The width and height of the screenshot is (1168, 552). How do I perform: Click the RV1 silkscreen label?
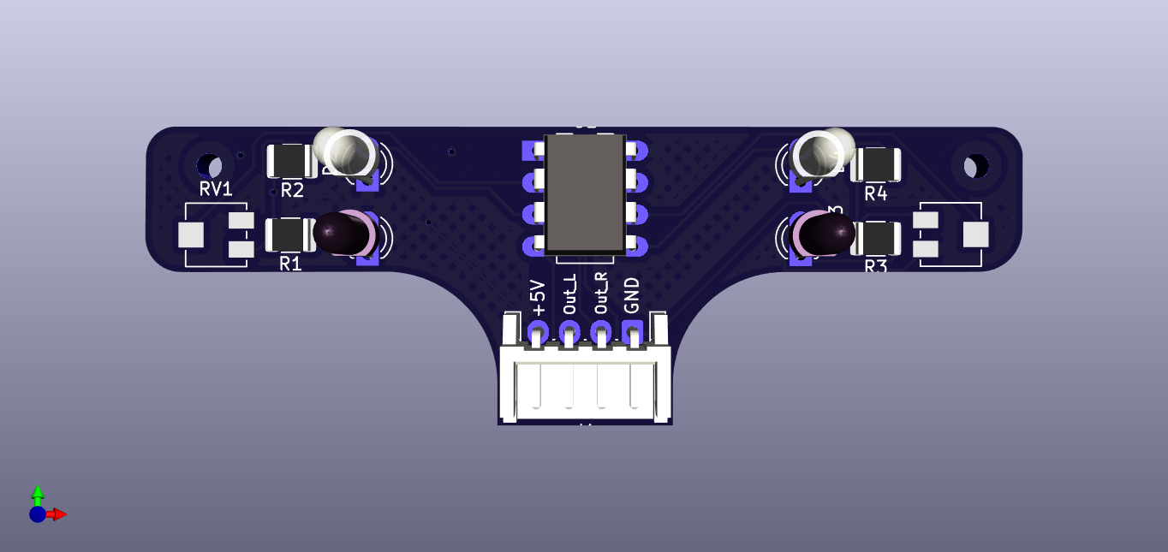pyautogui.click(x=216, y=189)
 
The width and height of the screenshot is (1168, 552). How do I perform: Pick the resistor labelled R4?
pyautogui.click(x=875, y=164)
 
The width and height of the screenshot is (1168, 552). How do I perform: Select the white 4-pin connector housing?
pyautogui.click(x=585, y=385)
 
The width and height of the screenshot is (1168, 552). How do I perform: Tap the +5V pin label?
pyautogui.click(x=539, y=297)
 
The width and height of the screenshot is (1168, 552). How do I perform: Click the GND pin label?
pyautogui.click(x=632, y=295)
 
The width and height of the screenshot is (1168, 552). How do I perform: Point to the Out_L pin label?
pyautogui.click(x=570, y=294)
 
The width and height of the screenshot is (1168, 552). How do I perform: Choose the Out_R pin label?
pyautogui.click(x=601, y=294)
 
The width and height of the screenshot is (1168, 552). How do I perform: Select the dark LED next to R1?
pyautogui.click(x=343, y=232)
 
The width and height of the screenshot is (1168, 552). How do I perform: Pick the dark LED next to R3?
pyautogui.click(x=824, y=233)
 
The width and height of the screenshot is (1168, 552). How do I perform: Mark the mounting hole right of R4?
pyautogui.click(x=974, y=165)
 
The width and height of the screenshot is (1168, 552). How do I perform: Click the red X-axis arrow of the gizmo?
pyautogui.click(x=58, y=514)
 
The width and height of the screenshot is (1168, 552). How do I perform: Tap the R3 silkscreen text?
pyautogui.click(x=875, y=266)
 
